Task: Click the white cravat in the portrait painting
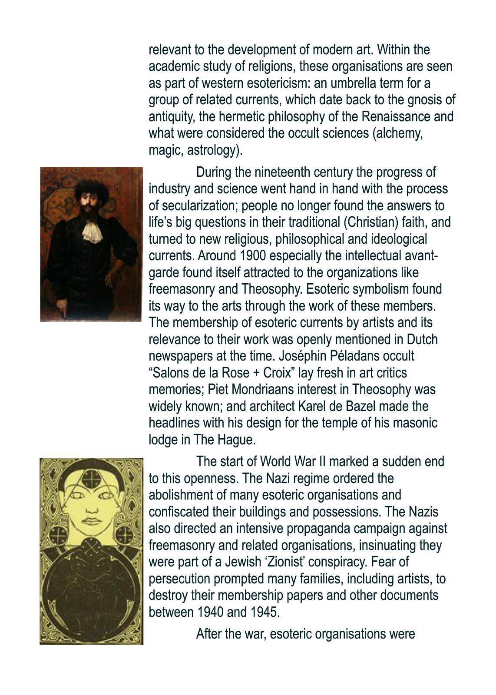click(93, 230)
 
